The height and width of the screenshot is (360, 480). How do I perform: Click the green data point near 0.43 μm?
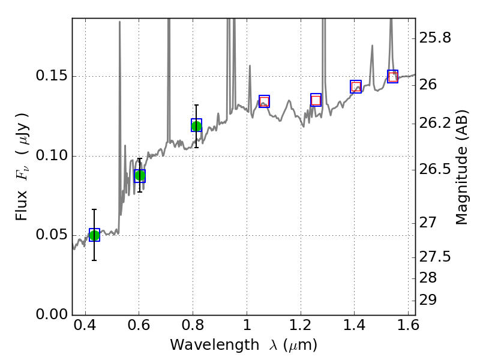coord(94,235)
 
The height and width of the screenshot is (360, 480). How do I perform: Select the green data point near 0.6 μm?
coord(140,176)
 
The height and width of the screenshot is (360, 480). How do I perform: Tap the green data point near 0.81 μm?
coord(196,125)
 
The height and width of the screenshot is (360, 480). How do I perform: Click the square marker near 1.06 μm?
coord(264,101)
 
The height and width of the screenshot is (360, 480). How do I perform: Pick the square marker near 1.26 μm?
coord(316,100)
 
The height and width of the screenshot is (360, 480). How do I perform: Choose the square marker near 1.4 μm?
coord(356,87)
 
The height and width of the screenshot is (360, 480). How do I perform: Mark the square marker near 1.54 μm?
coord(392,77)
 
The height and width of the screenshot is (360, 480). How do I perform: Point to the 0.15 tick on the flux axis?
coord(73,77)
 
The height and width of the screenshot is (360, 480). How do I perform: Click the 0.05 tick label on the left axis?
coord(53,235)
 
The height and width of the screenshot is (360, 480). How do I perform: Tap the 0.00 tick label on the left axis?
coord(53,315)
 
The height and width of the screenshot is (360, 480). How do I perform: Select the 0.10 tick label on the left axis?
coord(53,156)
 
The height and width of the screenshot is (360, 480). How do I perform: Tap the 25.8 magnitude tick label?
coord(437,38)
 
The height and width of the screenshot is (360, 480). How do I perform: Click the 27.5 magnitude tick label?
coord(437,257)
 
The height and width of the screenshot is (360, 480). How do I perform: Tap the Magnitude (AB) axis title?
coord(461,167)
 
